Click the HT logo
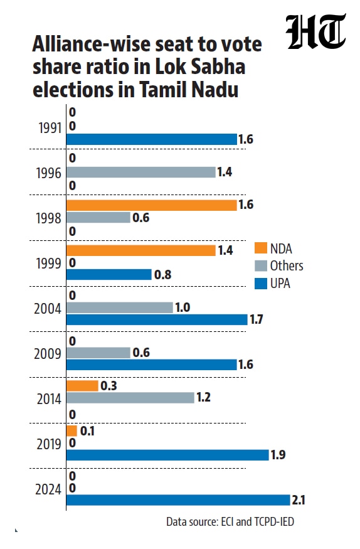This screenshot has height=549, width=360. point(316,32)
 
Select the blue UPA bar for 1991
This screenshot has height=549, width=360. point(152,139)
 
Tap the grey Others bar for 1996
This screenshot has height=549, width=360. point(141,172)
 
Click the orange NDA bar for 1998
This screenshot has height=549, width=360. point(152,205)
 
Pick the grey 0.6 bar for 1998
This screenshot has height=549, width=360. point(98,218)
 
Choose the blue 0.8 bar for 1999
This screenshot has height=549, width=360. point(109,275)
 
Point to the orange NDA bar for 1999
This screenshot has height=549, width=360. point(141,250)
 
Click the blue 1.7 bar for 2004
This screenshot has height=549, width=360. point(157,319)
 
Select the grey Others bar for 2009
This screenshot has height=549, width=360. point(98,353)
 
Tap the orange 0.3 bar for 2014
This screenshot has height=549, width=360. point(82,386)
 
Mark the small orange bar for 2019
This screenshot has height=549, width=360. point(71,431)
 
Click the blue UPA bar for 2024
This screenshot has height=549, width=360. point(178,500)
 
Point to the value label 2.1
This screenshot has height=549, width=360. point(299,500)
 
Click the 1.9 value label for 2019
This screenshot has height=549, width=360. point(278,455)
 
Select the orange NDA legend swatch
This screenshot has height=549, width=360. point(261,248)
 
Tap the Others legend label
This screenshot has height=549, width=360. point(287,266)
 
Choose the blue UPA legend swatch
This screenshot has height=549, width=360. point(261,283)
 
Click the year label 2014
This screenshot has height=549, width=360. point(49,399)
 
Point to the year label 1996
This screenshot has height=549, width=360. point(49,173)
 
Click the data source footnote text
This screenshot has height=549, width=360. point(230,521)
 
